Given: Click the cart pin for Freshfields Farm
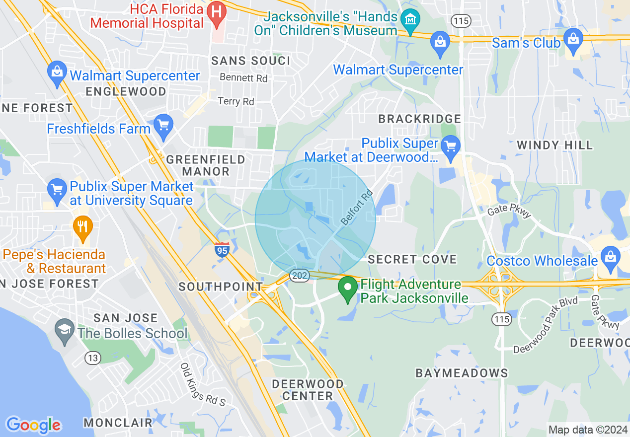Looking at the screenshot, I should [163, 127].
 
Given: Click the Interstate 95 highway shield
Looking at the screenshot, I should [222, 249].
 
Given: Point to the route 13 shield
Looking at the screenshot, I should [92, 358].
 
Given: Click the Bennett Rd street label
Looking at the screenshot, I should [243, 78].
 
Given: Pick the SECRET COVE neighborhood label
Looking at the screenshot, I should [412, 259].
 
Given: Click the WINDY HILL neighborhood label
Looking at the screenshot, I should [554, 146].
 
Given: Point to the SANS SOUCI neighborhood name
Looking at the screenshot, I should [250, 61].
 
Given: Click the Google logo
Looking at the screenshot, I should [33, 425].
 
